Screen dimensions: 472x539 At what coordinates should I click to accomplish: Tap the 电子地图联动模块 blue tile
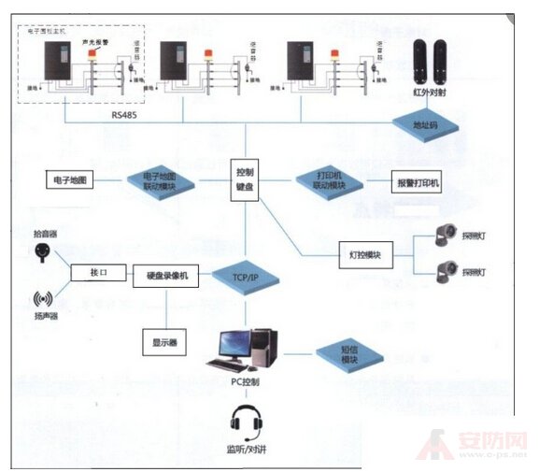[x=161, y=180]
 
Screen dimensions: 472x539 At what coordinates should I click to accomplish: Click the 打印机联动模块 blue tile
[x=327, y=180]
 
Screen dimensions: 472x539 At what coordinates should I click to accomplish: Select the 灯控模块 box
[x=365, y=253]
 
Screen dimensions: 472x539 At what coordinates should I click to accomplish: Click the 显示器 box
[x=160, y=340]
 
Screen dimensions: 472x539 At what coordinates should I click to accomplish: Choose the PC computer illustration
[x=245, y=348]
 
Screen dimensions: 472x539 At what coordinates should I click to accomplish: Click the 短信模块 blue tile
[x=350, y=355]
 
